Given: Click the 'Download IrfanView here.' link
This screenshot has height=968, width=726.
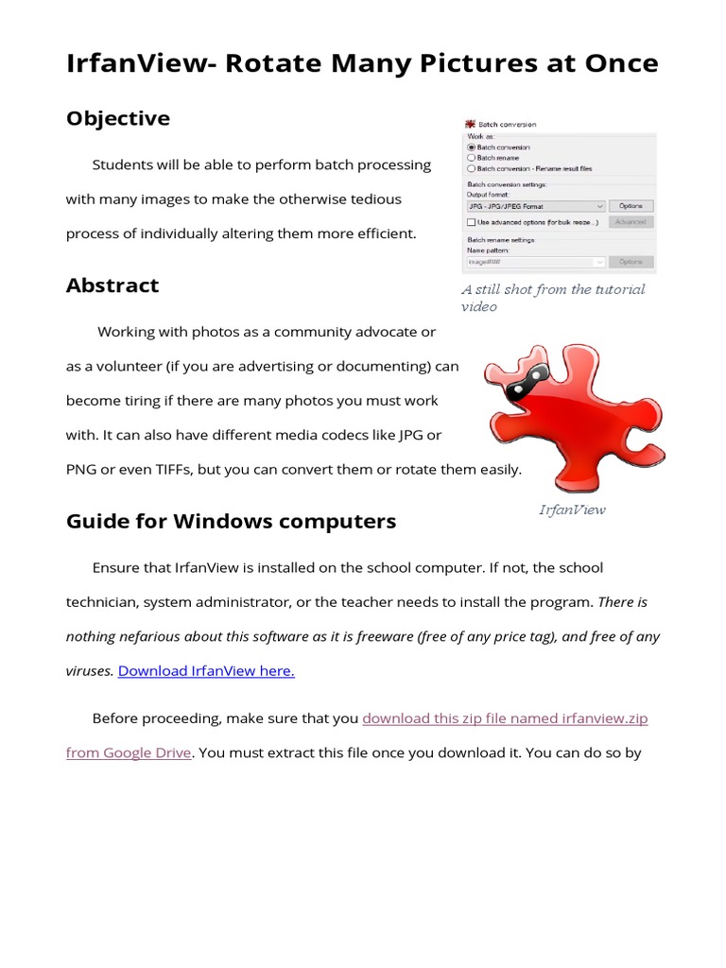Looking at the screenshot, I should [x=206, y=671].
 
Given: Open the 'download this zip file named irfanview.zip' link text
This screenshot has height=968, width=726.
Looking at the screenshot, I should [x=505, y=718].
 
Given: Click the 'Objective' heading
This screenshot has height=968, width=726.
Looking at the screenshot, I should [x=118, y=118].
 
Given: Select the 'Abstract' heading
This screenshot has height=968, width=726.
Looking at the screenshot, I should [x=112, y=285].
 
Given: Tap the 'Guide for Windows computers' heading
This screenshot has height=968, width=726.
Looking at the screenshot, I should [x=231, y=522].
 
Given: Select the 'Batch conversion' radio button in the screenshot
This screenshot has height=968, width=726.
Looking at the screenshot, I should [x=472, y=147].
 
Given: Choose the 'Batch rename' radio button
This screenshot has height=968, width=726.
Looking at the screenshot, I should [x=472, y=158].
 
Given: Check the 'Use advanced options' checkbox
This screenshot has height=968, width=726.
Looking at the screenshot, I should [x=472, y=222].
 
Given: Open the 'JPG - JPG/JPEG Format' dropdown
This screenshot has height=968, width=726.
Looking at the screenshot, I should [x=536, y=205].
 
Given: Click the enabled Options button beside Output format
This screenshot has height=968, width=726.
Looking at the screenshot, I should [x=631, y=205].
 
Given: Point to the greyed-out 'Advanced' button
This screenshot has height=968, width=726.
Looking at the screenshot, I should [x=631, y=222].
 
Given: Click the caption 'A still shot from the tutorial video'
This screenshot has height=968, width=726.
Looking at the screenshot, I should [x=553, y=298].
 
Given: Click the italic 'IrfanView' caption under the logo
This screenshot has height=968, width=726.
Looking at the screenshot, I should [x=572, y=510].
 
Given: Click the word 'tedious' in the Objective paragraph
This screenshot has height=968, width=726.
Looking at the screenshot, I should [x=375, y=199].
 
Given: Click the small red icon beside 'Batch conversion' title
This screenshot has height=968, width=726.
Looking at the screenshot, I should [x=469, y=124].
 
